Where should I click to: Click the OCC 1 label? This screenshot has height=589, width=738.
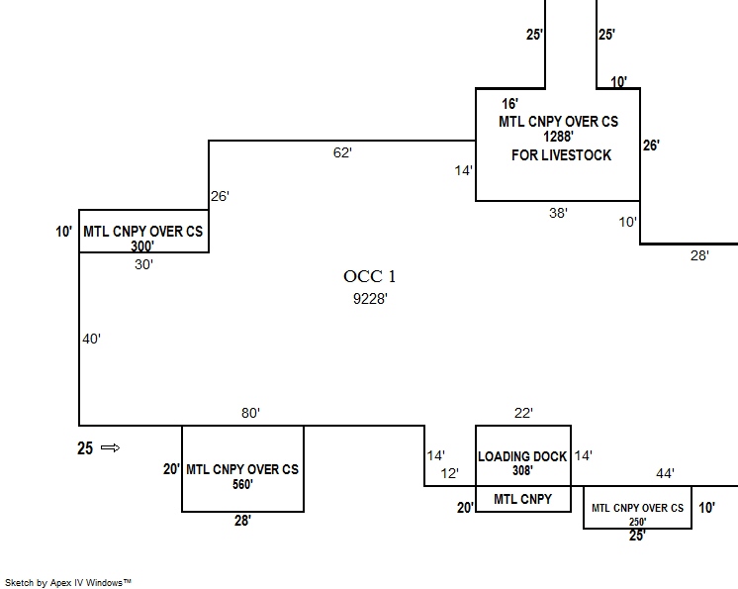pos(369,276)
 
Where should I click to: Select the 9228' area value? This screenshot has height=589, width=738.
pos(369,298)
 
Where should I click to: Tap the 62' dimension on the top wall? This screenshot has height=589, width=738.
pos(342,152)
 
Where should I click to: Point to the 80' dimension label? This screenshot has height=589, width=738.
pos(249,414)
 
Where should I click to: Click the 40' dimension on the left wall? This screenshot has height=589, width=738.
pos(91,339)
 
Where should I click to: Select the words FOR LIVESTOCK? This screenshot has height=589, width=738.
pos(561,155)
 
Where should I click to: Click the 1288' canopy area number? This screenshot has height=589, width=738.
pos(558,138)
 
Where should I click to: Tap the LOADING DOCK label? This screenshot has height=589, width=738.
pos(522,456)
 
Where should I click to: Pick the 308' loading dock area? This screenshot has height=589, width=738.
pos(522,471)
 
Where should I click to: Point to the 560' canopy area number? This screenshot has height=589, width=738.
pos(241,485)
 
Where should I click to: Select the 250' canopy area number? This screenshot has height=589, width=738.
pos(637,521)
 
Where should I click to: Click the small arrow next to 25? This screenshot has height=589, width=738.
pos(110,448)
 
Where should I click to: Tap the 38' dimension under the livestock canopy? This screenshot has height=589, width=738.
pos(558,213)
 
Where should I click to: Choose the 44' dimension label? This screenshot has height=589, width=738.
pos(665,474)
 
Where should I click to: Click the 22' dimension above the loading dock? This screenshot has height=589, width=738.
pos(523,413)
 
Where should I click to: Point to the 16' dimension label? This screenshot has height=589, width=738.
pos(510,103)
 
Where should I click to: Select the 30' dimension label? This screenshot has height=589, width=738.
pos(144,264)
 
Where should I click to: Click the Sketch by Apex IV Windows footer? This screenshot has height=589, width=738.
pos(68,583)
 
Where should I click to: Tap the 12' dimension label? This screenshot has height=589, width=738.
pos(450,473)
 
